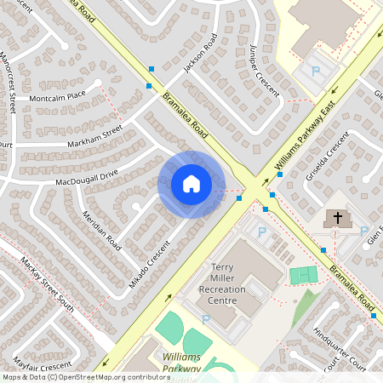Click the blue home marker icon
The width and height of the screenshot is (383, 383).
(191, 184)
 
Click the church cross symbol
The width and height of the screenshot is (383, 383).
(337, 218)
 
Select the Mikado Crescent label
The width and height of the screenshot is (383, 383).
(151, 264)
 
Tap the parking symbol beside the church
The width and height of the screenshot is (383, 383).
(364, 232)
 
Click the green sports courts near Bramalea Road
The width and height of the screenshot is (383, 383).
(302, 275)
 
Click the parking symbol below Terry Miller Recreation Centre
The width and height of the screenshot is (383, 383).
(205, 320)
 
